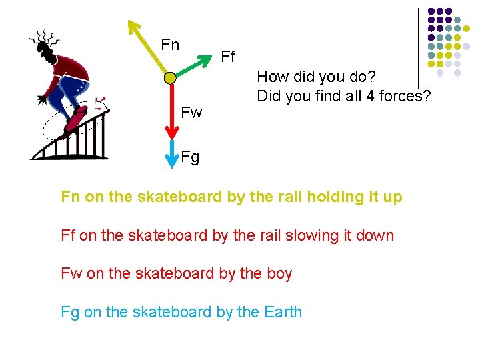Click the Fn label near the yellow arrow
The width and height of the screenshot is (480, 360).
point(170,45)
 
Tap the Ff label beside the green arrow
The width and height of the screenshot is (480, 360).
point(228,57)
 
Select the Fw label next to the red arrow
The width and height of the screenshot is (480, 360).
point(191,112)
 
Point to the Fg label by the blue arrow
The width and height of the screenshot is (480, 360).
point(190,158)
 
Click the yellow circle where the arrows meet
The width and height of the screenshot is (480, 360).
point(170,78)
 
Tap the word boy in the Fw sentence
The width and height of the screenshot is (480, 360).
point(279,273)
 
